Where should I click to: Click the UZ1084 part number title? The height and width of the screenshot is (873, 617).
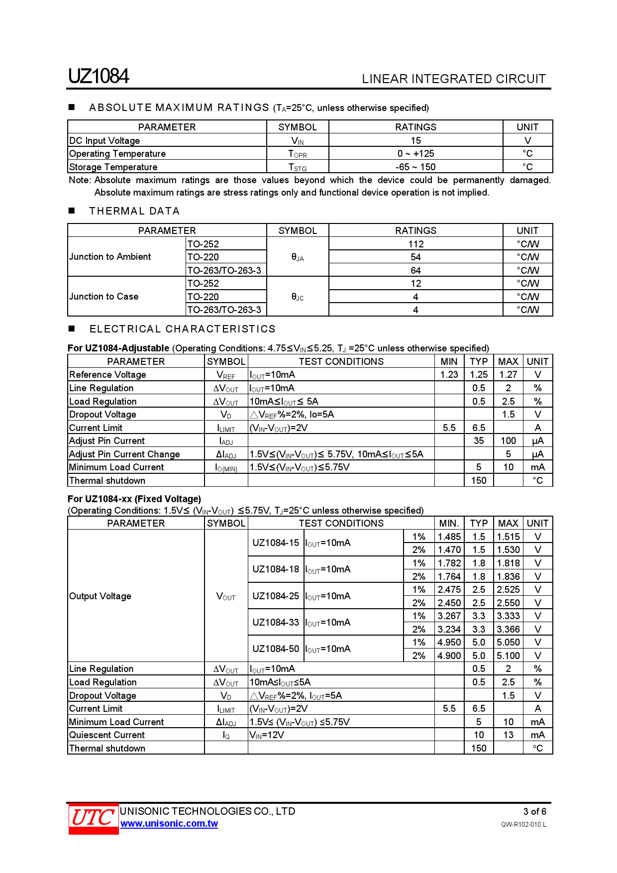tap(99, 76)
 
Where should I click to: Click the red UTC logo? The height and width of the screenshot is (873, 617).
tap(94, 817)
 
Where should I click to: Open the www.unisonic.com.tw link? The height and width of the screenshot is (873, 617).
tap(169, 824)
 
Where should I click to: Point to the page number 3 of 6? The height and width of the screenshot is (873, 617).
tap(534, 811)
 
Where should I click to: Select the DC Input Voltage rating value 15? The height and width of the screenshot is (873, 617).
tap(415, 140)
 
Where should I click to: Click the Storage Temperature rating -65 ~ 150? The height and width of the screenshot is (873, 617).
tap(415, 167)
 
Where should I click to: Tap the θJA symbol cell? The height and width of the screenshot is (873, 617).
tap(298, 257)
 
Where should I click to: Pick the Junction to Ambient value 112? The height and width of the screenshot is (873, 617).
tap(415, 244)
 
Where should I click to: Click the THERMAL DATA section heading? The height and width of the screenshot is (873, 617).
tap(134, 211)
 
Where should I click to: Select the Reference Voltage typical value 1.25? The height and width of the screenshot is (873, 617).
tap(479, 374)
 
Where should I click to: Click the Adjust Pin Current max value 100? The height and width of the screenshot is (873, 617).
tap(508, 440)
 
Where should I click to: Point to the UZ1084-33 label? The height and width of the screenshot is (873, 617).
tap(276, 622)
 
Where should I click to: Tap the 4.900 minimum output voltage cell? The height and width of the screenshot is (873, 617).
tap(449, 655)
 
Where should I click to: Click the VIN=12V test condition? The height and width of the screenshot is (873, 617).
tap(267, 735)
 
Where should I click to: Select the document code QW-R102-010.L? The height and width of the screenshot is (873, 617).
tap(523, 825)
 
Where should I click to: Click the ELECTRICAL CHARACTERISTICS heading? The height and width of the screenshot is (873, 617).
tap(182, 329)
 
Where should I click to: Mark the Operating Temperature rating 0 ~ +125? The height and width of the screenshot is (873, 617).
tap(415, 153)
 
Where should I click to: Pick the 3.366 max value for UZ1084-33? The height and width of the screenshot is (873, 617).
tap(508, 629)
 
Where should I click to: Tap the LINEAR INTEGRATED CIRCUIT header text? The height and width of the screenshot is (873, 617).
tap(453, 79)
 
